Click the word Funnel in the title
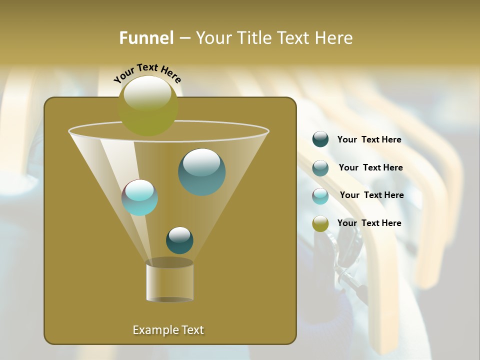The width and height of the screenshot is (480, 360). (x=146, y=38)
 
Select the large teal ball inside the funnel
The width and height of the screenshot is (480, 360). (x=201, y=172)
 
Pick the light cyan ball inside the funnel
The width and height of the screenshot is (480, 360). (x=140, y=197)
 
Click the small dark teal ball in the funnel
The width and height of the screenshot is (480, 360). (x=179, y=240)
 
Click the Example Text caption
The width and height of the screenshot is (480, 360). (x=168, y=330)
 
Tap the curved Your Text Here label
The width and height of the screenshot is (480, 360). (x=147, y=73)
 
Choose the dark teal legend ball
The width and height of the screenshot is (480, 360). (x=320, y=139)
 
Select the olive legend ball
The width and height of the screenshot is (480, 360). (x=320, y=223)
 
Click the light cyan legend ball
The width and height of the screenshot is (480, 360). (x=320, y=196)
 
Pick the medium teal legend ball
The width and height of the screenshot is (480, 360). (x=320, y=168)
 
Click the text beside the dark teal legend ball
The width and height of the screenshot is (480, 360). (x=369, y=140)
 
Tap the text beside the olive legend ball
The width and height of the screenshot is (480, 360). (x=369, y=223)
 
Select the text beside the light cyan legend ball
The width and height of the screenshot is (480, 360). (x=371, y=195)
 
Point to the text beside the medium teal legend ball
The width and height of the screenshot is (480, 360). (x=370, y=167)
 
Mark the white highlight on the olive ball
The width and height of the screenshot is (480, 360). (x=147, y=93)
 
